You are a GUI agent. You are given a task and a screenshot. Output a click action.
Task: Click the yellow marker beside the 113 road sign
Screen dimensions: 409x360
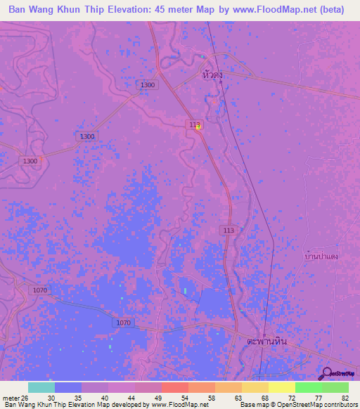click(x=198, y=127)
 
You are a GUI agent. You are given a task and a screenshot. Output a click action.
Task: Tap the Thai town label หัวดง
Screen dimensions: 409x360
click(x=212, y=74)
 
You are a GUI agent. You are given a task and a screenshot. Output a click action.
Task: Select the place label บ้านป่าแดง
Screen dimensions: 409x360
click(x=323, y=256)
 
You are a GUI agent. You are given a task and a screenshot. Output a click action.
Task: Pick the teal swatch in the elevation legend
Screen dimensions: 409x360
click(x=41, y=387)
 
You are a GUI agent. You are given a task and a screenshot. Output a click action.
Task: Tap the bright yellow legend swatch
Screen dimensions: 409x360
click(x=281, y=387)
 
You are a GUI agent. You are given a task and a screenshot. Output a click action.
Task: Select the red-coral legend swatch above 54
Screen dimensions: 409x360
click(x=174, y=387)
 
